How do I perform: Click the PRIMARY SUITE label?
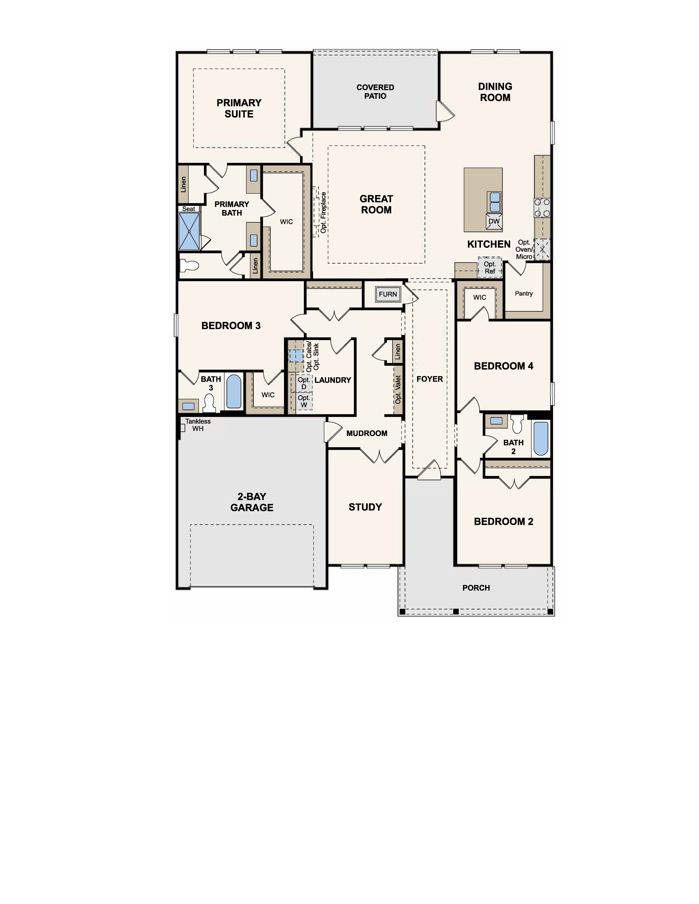[x=239, y=108]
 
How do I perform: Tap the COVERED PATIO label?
[x=375, y=91]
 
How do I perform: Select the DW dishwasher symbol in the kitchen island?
[x=494, y=221]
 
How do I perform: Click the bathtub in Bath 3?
[x=234, y=392]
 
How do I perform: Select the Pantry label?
[x=524, y=294]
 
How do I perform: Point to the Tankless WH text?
[x=198, y=425]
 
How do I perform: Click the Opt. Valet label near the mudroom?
[x=398, y=390]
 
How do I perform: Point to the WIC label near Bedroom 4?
[x=480, y=297]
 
